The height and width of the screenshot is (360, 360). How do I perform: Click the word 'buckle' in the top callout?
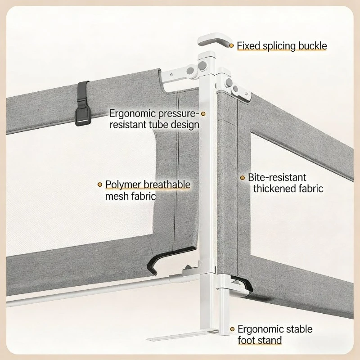[x=312, y=46]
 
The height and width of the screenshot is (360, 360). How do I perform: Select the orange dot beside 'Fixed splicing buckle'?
[x=231, y=46]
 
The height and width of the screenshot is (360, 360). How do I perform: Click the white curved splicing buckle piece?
[x=213, y=40]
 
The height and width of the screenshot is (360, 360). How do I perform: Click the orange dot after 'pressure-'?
[x=203, y=114]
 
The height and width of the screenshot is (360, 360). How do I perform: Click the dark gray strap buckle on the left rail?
[x=82, y=103]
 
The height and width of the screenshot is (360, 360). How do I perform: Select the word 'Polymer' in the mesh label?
[x=123, y=185]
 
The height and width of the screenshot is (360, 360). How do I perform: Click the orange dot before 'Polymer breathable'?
[x=99, y=184]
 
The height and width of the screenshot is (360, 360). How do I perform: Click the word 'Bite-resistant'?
[x=277, y=177]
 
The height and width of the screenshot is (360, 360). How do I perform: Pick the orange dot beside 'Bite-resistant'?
[x=243, y=178]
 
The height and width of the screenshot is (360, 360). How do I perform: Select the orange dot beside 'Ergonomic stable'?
[x=232, y=329]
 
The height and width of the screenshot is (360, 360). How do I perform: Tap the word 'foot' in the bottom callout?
[x=246, y=340]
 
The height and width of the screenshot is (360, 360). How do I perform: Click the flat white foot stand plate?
[x=181, y=335]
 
